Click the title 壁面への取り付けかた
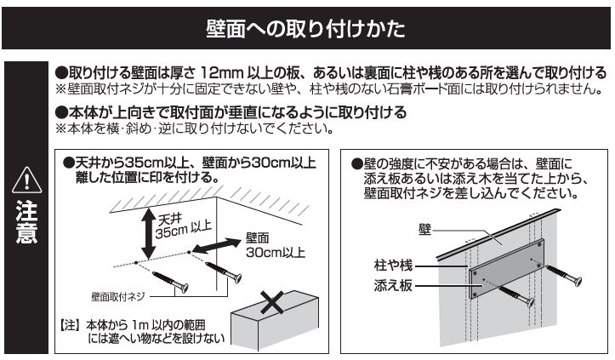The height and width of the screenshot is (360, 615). click(x=307, y=28)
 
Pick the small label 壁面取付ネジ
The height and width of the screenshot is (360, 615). click(x=119, y=297)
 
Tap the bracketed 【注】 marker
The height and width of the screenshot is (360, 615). click(x=70, y=324)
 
